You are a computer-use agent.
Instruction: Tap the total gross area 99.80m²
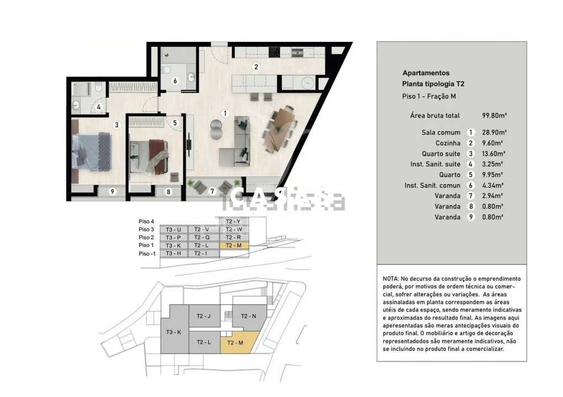494,116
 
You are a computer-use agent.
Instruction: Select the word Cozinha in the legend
448,143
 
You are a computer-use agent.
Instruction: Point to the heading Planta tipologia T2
429,84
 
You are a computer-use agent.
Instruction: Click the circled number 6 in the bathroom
175,81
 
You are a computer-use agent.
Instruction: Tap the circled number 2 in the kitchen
256,67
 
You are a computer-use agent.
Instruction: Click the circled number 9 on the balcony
112,192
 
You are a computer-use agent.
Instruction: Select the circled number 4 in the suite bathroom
98,108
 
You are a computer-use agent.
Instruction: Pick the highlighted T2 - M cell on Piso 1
234,245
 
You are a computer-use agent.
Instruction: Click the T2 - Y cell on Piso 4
234,221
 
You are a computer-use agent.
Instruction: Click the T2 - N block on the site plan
245,316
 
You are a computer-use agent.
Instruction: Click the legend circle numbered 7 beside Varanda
470,196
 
